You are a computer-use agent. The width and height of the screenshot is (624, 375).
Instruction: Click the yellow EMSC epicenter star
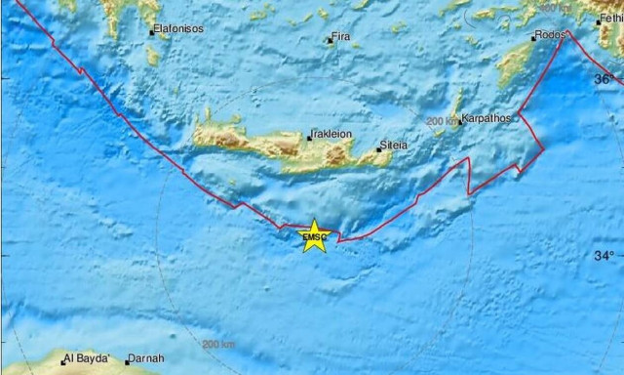point(314,236)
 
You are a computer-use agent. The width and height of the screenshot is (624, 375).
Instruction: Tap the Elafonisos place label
point(179,29)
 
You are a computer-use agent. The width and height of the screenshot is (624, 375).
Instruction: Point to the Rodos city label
point(549,36)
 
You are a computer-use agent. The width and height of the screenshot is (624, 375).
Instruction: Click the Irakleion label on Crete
point(331,134)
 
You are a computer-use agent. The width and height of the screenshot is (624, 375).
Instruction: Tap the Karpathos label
point(487,118)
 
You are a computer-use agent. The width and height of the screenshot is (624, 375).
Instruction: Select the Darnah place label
point(146,358)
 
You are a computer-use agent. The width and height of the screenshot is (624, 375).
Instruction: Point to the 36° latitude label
point(604,78)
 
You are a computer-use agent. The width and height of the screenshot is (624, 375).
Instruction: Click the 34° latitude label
point(604,256)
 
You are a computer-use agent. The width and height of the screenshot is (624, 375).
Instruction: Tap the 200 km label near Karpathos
point(441,121)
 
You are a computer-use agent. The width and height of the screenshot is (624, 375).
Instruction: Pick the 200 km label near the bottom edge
point(218,344)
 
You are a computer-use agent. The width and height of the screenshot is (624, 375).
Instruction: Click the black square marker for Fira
point(329,40)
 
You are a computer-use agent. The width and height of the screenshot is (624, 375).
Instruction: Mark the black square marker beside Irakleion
point(309,138)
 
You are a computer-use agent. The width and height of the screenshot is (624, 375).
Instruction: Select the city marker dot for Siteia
point(380,150)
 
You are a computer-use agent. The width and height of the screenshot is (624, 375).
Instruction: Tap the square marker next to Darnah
point(127,361)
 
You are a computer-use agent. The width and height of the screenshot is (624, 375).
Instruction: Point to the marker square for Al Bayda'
point(63,361)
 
